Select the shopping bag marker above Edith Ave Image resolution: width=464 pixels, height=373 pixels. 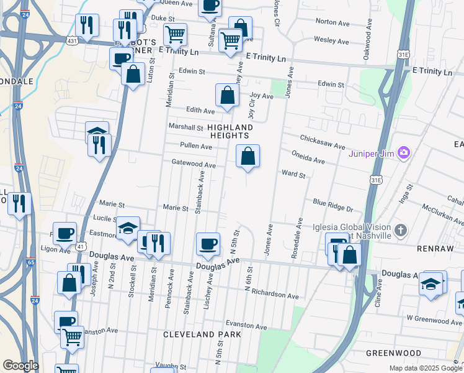click(228, 96)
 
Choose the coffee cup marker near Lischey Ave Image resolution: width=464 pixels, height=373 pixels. click(208, 243)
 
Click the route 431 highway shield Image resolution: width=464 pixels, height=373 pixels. click(72, 40)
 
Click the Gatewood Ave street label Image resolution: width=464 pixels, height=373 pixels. click(194, 165)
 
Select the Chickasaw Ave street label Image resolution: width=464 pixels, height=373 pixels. click(322, 141)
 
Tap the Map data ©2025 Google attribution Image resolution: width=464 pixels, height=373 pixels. click(426, 368)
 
